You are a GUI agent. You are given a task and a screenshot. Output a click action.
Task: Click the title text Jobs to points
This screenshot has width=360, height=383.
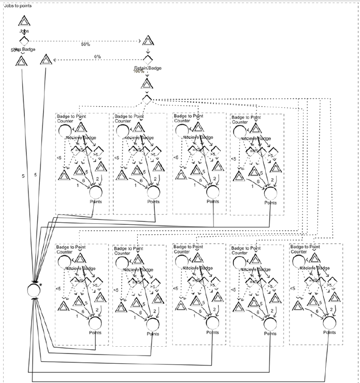[17, 6]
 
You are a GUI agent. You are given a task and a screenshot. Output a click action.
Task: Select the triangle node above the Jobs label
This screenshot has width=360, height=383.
[24, 22]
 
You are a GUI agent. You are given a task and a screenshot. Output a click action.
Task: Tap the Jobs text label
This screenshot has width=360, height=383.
[24, 31]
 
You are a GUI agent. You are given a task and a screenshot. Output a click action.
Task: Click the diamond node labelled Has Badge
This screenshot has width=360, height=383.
[24, 41]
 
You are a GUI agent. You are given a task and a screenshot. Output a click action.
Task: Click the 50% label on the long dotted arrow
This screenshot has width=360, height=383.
[85, 44]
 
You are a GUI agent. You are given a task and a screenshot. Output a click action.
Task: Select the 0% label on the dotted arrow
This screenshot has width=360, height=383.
[97, 56]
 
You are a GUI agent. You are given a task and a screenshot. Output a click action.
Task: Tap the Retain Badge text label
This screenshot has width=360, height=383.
[148, 67]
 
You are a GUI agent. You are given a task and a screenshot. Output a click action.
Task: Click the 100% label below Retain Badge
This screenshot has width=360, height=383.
[139, 72]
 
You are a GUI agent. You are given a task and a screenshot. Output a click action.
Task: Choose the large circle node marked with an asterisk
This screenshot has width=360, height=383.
[33, 289]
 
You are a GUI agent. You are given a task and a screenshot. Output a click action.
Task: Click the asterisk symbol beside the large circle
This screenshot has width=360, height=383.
[40, 285]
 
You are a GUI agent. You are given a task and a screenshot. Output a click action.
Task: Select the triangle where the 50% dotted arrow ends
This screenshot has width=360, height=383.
[148, 41]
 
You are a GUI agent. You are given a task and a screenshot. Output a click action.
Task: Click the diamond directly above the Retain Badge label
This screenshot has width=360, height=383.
[148, 59]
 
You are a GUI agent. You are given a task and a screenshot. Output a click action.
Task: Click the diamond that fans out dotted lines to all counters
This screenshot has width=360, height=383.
[148, 99]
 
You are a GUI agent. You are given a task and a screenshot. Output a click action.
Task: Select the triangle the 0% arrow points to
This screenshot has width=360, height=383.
[47, 61]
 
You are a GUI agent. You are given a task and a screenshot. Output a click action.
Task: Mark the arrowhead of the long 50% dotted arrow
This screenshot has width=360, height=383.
[139, 40]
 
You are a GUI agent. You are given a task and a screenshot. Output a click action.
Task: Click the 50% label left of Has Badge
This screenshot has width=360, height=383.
[14, 50]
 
